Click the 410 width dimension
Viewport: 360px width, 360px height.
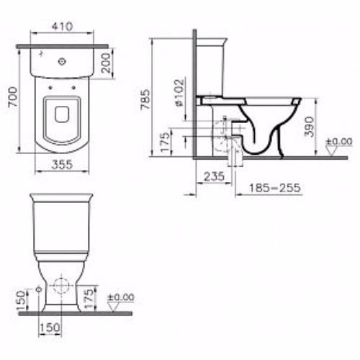tap(62, 26)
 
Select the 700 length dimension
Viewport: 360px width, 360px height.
tap(13, 97)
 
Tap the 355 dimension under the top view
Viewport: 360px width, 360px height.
tap(62, 165)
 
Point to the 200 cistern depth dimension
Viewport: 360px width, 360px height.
tap(106, 63)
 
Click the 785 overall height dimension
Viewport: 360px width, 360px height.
tap(145, 99)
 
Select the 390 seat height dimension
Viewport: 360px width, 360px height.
tap(309, 127)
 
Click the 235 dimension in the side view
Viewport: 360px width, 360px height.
tap(215, 176)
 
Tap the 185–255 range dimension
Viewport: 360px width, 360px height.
tap(275, 188)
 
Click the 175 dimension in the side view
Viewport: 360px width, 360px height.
tap(165, 142)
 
